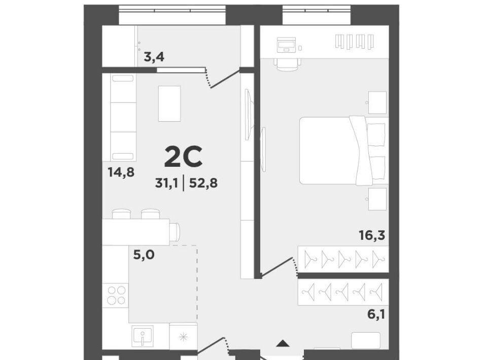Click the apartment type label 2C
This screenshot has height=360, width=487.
tap(183, 156)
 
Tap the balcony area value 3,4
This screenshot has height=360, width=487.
tap(154, 57)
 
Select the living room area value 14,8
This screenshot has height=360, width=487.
tap(121, 172)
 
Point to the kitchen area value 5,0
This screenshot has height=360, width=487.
tap(144, 255)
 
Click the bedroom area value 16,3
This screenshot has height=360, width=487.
tap(372, 235)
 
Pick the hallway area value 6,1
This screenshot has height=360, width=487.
tap(376, 314)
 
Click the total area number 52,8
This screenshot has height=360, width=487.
tap(203, 183)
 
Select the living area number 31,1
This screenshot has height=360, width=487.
tap(166, 183)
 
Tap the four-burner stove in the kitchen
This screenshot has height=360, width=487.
tap(116, 295)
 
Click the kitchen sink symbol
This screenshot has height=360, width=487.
tap(142, 336)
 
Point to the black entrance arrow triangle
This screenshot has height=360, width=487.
tap(283, 343)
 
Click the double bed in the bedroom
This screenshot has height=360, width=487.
tap(344, 151)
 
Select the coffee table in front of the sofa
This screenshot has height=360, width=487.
tap(169, 103)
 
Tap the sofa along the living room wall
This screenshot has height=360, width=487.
tap(123, 117)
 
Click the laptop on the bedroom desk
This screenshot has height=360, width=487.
tap(286, 45)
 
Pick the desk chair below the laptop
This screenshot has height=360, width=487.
tap(287, 64)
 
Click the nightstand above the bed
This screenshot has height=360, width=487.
tap(377, 102)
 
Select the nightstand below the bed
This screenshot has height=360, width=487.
tap(377, 199)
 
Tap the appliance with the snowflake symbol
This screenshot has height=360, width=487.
tap(184, 336)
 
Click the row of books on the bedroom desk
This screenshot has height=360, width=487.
tap(355, 42)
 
